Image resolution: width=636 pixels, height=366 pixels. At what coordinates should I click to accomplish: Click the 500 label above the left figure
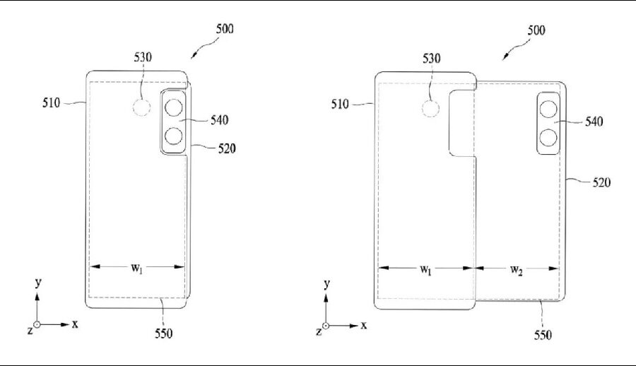(x=225, y=29)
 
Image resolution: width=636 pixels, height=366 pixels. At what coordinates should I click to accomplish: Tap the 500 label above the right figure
(x=536, y=30)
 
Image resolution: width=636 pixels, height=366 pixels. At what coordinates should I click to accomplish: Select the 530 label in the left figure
(x=143, y=57)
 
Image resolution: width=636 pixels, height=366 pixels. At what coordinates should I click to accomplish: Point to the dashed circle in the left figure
(x=142, y=108)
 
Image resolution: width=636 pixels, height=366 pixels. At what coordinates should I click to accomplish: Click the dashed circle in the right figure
(x=430, y=109)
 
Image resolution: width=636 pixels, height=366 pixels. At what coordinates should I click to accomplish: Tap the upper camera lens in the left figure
(x=174, y=107)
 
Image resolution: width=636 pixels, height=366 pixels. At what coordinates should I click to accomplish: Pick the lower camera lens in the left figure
(x=174, y=136)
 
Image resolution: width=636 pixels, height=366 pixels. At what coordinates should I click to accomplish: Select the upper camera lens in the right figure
(x=548, y=109)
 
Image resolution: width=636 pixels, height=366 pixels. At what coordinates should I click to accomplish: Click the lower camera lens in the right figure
(x=548, y=137)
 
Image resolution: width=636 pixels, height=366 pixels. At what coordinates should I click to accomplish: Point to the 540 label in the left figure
(x=220, y=120)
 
